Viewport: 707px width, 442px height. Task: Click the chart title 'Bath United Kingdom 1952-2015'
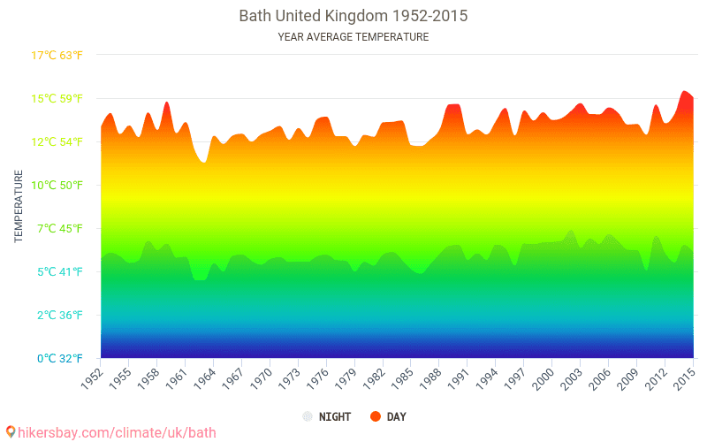tap(353, 16)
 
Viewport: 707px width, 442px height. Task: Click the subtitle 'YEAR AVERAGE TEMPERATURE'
tap(353, 37)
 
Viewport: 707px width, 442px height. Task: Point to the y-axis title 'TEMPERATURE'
tap(19, 207)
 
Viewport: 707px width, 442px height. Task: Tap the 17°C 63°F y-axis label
tap(57, 56)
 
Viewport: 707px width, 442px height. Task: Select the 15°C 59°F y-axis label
tap(57, 98)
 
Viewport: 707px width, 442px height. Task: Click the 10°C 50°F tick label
tap(57, 185)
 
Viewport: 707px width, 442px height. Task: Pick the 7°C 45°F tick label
tap(57, 228)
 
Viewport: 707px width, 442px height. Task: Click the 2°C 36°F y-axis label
tap(57, 315)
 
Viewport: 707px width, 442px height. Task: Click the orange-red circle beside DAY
tap(376, 416)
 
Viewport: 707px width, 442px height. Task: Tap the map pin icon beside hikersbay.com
tap(11, 432)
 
